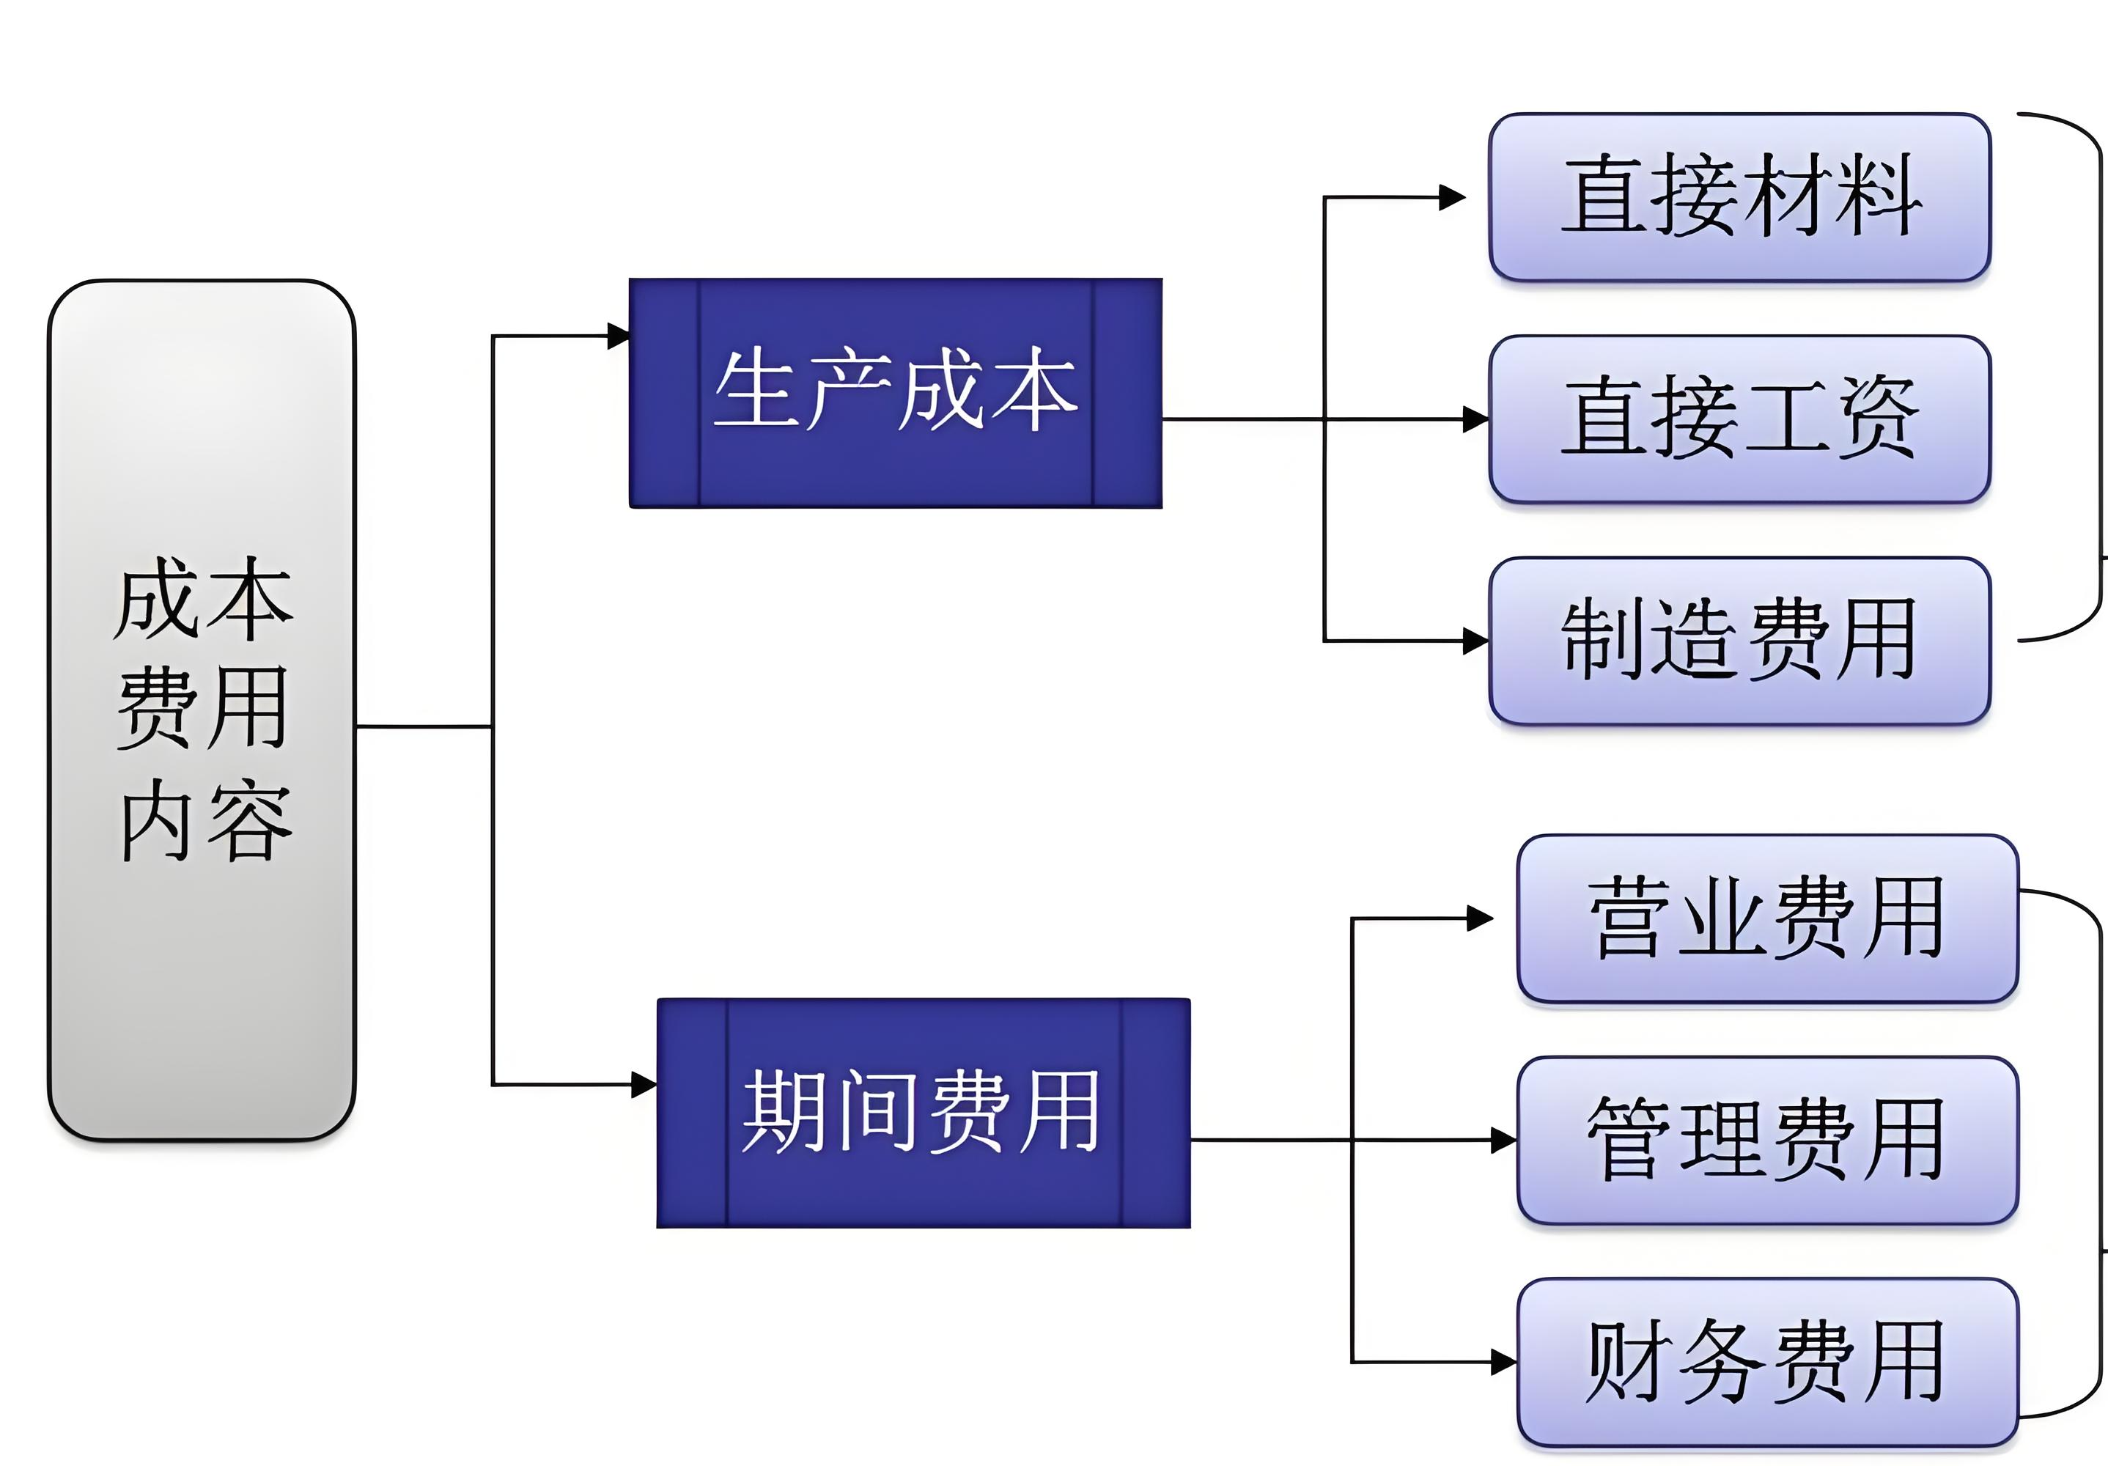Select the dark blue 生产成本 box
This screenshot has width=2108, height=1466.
895,393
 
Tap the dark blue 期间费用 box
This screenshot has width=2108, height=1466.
923,1113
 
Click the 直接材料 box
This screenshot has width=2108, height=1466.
1739,197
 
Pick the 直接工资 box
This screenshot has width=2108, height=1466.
1739,419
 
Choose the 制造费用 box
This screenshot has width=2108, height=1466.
1739,640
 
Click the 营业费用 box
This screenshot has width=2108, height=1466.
1766,918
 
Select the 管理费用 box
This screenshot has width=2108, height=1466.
1766,1140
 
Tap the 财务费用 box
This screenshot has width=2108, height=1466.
1766,1362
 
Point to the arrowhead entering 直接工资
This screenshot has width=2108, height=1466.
1475,419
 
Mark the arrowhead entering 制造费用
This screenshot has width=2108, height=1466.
1475,641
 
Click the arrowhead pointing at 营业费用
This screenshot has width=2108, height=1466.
1480,918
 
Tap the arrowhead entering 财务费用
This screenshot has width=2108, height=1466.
1503,1362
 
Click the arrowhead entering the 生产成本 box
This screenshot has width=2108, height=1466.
619,336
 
